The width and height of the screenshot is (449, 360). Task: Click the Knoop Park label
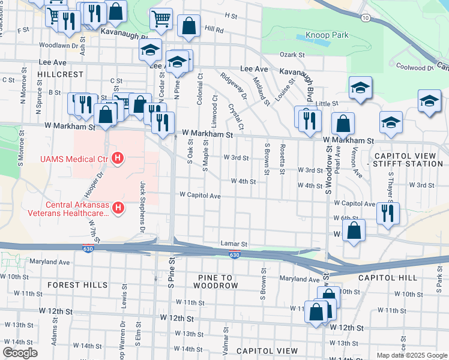[x=327, y=35]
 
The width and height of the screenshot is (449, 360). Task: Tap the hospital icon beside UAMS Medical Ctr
[x=118, y=158]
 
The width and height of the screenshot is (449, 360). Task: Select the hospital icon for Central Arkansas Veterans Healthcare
[x=118, y=208]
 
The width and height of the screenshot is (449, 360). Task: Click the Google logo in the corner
[x=20, y=353]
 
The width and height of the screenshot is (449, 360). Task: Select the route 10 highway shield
[x=366, y=19]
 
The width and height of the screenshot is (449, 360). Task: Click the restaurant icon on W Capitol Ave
[x=388, y=212]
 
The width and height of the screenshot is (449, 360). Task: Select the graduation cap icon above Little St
[x=360, y=88]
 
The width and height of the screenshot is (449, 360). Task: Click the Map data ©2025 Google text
[x=411, y=355]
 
